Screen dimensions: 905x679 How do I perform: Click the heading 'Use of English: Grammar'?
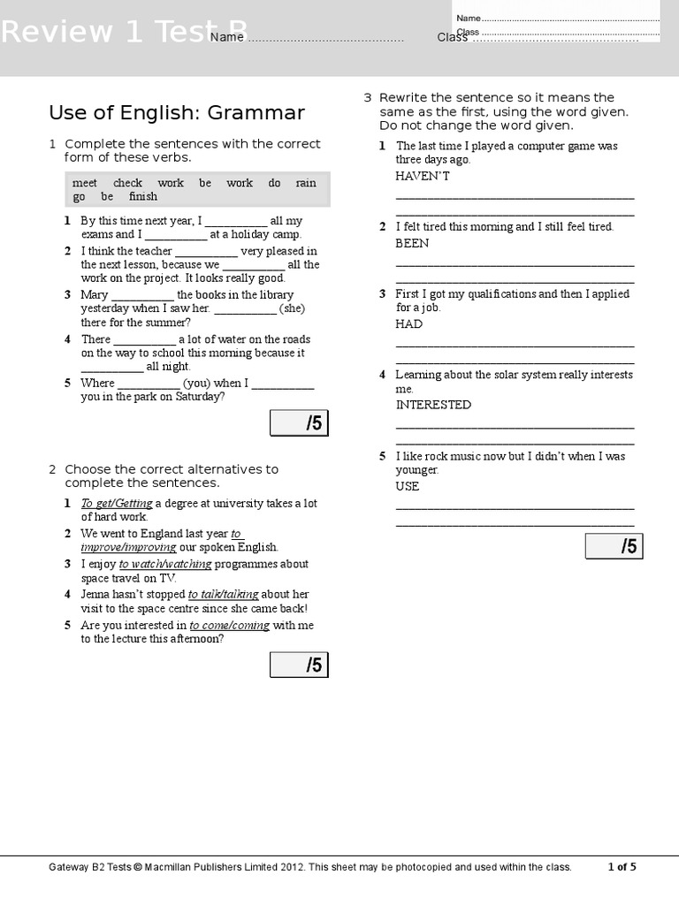click(177, 113)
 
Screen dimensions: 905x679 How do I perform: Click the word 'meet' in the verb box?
click(85, 183)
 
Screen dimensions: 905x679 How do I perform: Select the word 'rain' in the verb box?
click(306, 183)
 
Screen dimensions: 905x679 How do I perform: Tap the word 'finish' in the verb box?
click(143, 196)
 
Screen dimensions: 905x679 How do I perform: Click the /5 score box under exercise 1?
click(298, 423)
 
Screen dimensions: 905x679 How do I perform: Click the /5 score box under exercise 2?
click(298, 665)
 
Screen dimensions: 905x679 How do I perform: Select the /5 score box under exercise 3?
click(614, 546)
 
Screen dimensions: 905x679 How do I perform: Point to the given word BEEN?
click(412, 243)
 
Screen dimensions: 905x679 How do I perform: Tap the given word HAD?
click(409, 323)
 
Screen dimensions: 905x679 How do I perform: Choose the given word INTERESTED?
click(433, 405)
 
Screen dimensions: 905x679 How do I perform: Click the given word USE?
click(408, 486)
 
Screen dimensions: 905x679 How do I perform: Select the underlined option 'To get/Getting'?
click(117, 504)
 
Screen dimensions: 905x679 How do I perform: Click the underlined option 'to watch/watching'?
click(165, 564)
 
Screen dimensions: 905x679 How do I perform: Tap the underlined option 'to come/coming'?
click(229, 626)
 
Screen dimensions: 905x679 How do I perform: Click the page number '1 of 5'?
click(622, 867)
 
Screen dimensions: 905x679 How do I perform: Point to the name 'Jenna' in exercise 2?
click(96, 595)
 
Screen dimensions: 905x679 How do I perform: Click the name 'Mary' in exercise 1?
click(95, 295)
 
